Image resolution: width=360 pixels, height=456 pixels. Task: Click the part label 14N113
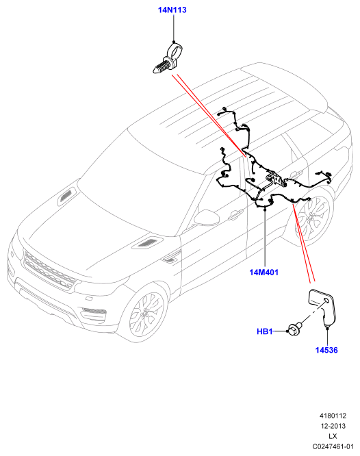pyautogui.click(x=172, y=10)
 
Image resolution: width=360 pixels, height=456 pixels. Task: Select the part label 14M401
pyautogui.click(x=263, y=273)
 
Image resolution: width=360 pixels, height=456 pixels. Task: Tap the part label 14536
pyautogui.click(x=326, y=350)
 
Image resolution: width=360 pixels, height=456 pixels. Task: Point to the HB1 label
pyautogui.click(x=265, y=331)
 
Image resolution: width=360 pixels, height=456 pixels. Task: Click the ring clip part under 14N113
pyautogui.click(x=168, y=59)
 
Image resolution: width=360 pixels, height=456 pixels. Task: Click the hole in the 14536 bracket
pyautogui.click(x=326, y=301)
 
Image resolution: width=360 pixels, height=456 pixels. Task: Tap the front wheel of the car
pyautogui.click(x=146, y=314)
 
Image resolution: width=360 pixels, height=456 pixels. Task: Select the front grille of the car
pyautogui.click(x=48, y=271)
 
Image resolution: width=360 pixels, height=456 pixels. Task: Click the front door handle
pyautogui.click(x=235, y=214)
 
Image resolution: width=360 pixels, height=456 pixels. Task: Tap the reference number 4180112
pyautogui.click(x=333, y=416)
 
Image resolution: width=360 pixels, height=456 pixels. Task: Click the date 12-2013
pyautogui.click(x=333, y=426)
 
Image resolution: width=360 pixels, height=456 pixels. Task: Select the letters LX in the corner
pyautogui.click(x=333, y=436)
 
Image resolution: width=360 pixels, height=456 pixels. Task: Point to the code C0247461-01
pyautogui.click(x=333, y=446)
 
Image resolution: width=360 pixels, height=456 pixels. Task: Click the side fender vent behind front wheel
pyautogui.click(x=171, y=258)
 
